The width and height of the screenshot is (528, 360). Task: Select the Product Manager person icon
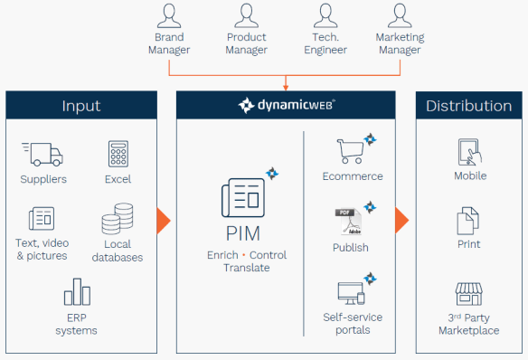coord(246,16)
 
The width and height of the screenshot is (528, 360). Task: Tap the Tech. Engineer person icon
coord(325,16)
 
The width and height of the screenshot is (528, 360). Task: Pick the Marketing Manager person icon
coord(400,16)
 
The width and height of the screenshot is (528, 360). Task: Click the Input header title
coord(81,106)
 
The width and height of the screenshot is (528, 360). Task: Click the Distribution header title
coord(468,106)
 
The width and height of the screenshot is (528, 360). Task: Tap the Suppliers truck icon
coord(42,154)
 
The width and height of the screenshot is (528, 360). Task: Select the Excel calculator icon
coord(118,153)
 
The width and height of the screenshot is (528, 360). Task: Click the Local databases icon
coord(117,219)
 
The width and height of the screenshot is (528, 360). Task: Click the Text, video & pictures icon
coord(42,218)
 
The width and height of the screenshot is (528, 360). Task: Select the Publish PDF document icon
coord(349,222)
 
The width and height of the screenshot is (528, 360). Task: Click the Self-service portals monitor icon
coord(351,293)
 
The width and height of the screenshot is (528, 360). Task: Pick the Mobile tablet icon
coord(469,152)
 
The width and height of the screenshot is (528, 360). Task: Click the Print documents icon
coord(469,221)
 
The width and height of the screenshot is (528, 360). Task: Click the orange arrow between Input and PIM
coord(163,221)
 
